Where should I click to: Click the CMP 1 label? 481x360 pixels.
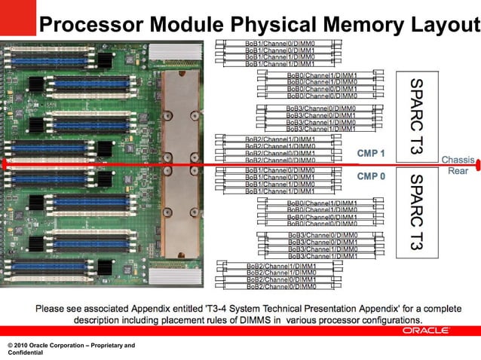click(371, 153)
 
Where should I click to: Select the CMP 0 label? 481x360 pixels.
click(371, 176)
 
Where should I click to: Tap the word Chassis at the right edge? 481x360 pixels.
click(458, 160)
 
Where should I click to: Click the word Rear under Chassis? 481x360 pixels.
click(458, 171)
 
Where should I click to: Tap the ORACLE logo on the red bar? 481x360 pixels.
click(427, 331)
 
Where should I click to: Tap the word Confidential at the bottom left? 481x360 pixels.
click(27, 352)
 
